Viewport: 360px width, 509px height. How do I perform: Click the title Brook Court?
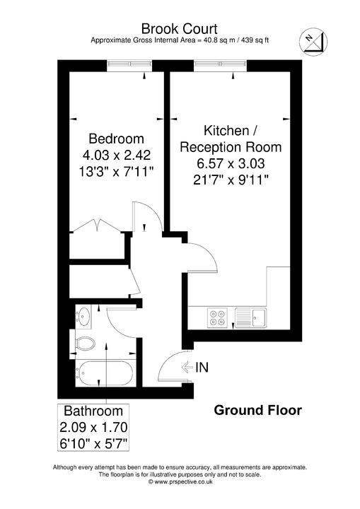[180, 28]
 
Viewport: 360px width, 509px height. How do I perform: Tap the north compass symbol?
[311, 42]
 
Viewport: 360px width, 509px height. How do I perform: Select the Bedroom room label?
[116, 138]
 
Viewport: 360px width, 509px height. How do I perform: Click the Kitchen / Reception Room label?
[231, 139]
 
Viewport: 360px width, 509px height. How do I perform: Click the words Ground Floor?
[257, 410]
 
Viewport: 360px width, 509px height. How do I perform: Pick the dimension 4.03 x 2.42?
[116, 154]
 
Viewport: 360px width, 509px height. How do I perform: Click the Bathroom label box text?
[93, 411]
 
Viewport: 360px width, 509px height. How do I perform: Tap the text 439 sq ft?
[250, 40]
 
